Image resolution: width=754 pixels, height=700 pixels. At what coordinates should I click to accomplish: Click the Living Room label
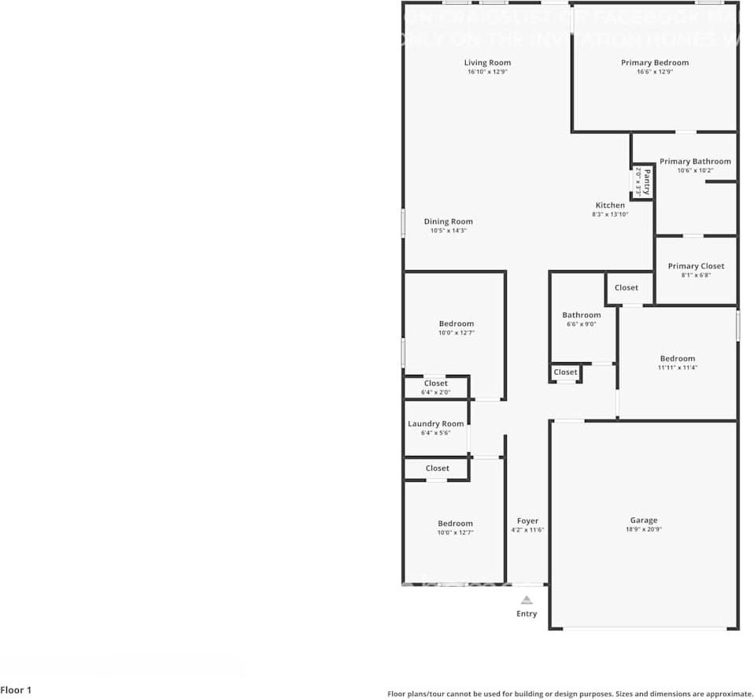(x=487, y=63)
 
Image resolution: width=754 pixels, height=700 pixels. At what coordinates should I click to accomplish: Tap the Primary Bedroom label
(x=655, y=63)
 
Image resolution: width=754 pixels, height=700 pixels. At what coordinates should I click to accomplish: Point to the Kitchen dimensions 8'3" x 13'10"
(x=610, y=214)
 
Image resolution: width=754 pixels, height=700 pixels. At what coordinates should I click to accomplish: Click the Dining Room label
(x=449, y=222)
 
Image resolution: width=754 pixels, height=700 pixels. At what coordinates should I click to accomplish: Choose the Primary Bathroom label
(x=695, y=161)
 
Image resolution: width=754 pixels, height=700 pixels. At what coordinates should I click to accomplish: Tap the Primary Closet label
(x=696, y=266)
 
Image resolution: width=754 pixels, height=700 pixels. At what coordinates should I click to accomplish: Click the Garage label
(x=643, y=520)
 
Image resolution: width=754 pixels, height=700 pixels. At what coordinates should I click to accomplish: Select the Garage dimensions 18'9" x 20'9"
(x=643, y=530)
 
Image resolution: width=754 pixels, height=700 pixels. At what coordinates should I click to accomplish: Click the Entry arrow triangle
(x=527, y=600)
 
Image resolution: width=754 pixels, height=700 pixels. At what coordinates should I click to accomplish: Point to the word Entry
(x=527, y=614)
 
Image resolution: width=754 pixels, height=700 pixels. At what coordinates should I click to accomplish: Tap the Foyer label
(x=527, y=521)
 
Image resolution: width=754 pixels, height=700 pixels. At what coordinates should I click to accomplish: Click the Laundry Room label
(x=435, y=424)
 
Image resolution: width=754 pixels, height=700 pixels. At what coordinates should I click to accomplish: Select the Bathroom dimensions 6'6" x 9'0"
(x=582, y=324)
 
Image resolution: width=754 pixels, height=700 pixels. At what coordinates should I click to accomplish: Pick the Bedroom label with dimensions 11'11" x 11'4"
(x=678, y=358)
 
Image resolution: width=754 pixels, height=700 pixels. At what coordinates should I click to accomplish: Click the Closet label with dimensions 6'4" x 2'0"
(x=435, y=383)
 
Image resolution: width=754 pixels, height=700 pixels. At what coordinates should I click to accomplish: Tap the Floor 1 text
(x=16, y=691)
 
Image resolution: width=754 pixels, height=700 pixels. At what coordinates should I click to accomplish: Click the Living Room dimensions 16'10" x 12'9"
(x=487, y=72)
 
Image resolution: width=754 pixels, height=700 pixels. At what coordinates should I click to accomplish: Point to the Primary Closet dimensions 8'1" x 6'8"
(x=696, y=276)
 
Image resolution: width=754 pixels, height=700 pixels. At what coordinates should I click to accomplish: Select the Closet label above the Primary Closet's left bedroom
(x=626, y=287)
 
